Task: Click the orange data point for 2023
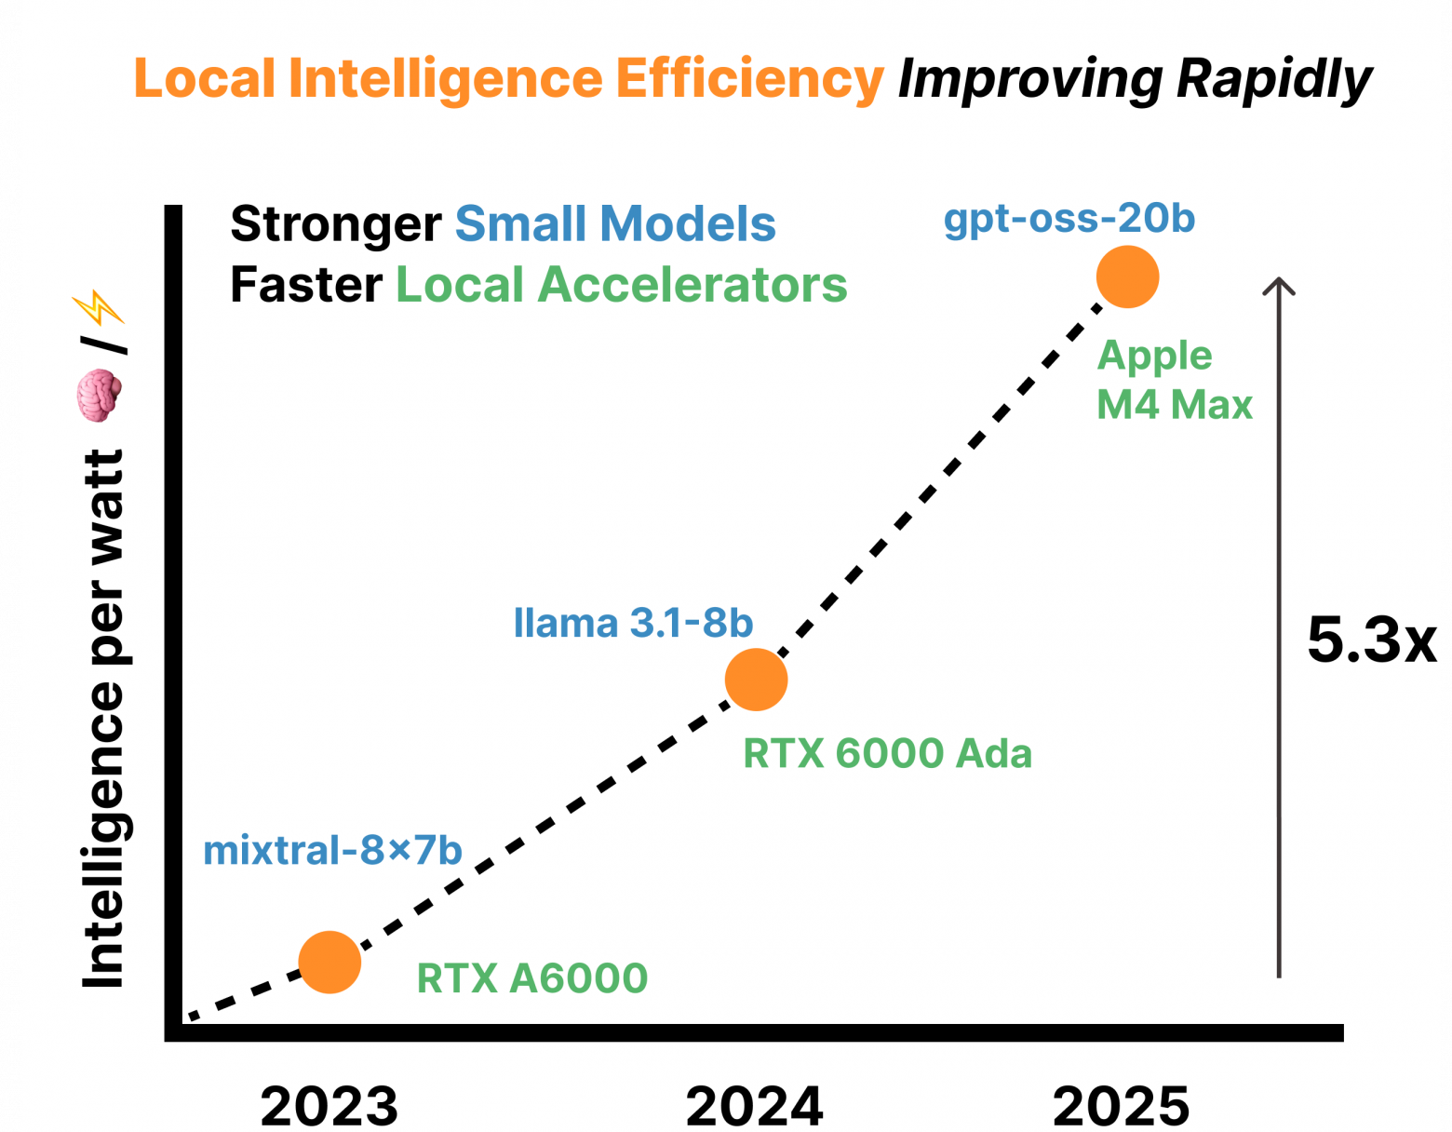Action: [x=329, y=962]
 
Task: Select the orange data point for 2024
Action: [x=756, y=680]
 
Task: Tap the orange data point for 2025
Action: [x=1127, y=276]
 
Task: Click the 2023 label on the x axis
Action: [x=329, y=1105]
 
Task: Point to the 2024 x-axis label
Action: [x=755, y=1105]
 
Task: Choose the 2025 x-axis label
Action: [x=1122, y=1105]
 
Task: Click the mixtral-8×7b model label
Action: [x=332, y=850]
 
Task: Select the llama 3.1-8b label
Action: [x=633, y=623]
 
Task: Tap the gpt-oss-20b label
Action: [x=1069, y=219]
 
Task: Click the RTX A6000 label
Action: [x=532, y=978]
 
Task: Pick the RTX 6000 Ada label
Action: [x=888, y=753]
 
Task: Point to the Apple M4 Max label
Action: [x=1174, y=380]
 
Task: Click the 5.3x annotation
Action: [x=1372, y=640]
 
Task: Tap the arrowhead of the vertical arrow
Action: [x=1279, y=283]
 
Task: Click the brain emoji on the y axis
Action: [x=99, y=395]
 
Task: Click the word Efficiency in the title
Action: [x=749, y=78]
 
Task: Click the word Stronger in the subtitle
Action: [x=336, y=224]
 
